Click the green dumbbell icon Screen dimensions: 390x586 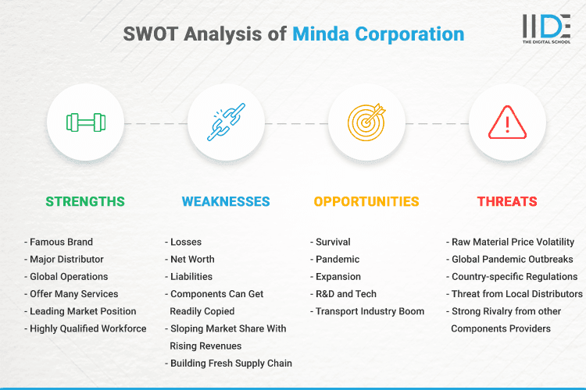coord(85,122)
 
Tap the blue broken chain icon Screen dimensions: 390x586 coord(226,122)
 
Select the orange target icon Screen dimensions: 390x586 coord(366,122)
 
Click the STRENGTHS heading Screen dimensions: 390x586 coord(85,201)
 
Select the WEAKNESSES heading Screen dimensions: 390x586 coord(226,201)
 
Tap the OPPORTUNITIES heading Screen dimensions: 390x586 coord(366,201)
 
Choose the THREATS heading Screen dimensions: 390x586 coord(507,201)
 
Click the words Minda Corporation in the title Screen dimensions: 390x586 coord(378,34)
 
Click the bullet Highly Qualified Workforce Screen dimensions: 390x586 coord(88,328)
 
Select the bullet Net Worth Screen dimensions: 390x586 coord(192,259)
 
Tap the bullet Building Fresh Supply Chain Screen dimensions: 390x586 coord(230,363)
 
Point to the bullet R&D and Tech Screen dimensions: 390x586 coord(346,294)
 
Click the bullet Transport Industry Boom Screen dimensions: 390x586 coord(370,311)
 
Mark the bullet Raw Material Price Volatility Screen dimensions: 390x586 coord(513,242)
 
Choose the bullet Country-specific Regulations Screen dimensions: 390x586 coord(515,276)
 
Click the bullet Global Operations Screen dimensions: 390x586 coord(69,276)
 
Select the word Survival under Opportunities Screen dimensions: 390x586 coord(333,242)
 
